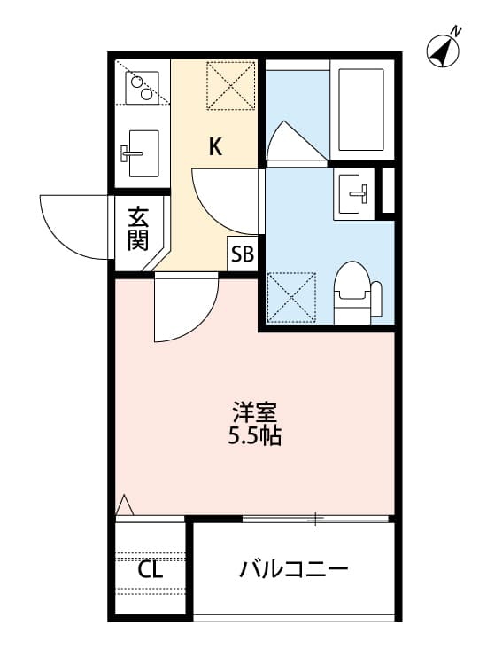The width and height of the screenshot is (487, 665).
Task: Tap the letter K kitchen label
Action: point(215,146)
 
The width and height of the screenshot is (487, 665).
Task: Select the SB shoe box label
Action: point(242,255)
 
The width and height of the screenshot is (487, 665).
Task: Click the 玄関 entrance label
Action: point(137,229)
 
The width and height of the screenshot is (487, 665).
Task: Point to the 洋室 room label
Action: point(255,412)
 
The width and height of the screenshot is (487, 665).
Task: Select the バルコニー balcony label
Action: point(294,568)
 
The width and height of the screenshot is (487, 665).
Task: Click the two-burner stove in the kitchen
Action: point(140,87)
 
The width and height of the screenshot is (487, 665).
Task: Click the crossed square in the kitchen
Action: point(232,85)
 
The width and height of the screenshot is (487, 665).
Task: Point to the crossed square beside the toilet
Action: point(292,296)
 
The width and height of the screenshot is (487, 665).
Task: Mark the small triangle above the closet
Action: point(125,505)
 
